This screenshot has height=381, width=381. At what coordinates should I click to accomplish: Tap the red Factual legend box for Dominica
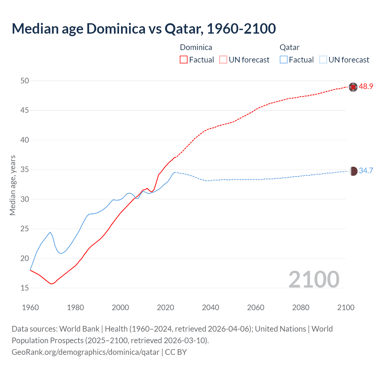pos(184,60)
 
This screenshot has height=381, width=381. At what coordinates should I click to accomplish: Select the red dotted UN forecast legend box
pos(223,60)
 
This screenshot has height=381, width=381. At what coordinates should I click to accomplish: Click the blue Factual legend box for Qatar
pos(284,60)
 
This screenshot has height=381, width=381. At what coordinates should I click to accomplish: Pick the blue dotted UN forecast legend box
pos(323,60)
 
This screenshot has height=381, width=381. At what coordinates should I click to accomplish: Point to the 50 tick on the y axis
pos(25,81)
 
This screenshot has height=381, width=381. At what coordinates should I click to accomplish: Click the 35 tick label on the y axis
pos(25,170)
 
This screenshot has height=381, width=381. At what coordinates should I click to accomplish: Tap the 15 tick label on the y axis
pos(25,288)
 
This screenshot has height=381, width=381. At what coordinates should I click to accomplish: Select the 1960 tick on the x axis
pos(30,307)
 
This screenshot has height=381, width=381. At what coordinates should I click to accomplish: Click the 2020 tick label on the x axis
pos(165,307)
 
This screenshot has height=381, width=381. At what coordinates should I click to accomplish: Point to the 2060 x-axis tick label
pos(256,307)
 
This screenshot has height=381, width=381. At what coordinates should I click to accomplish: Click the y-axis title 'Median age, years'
pos(13,185)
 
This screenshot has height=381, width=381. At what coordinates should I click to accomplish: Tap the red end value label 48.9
pos(366,87)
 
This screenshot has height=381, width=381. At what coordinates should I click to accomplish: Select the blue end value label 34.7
pos(366,171)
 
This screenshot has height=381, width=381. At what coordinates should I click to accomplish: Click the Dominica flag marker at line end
pos(353,87)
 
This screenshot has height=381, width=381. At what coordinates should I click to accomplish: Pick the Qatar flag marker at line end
pos(353,171)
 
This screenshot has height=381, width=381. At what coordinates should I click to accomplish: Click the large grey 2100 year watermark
pos(314,279)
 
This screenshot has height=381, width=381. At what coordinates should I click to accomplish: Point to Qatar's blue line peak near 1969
pos(50,232)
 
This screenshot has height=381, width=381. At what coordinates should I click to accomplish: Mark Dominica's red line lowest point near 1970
pos(51,284)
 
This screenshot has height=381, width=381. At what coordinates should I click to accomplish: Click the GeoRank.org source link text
pos(85,352)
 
